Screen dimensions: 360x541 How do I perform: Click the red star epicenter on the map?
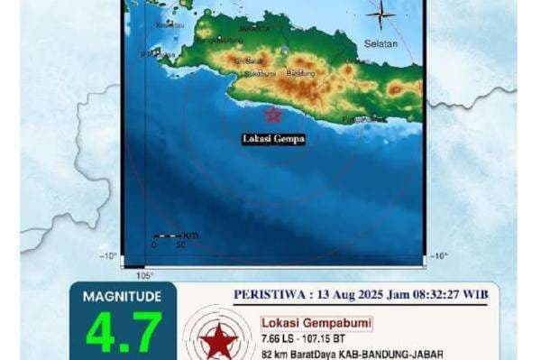click(271, 114)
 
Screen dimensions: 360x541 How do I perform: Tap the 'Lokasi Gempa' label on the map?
click(274, 139)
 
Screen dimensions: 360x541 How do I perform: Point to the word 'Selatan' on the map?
click(381, 42)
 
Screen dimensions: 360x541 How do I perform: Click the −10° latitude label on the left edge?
click(109, 256)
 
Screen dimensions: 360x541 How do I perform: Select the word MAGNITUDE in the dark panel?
click(122, 296)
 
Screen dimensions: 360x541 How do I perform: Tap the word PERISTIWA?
click(268, 294)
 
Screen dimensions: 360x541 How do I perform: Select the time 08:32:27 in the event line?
click(435, 294)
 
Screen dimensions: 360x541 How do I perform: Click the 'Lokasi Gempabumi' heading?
click(302, 323)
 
